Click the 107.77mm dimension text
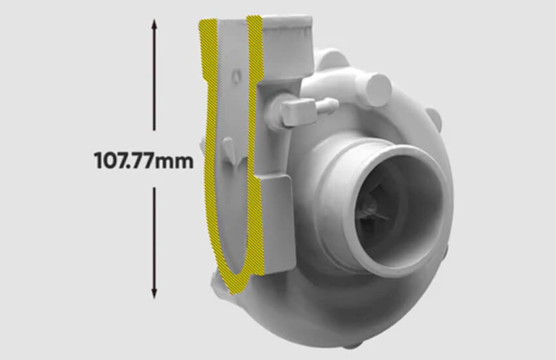pyautogui.click(x=144, y=160)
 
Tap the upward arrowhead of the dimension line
pyautogui.click(x=154, y=25)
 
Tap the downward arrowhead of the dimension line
pyautogui.click(x=154, y=293)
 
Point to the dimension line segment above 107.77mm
pyautogui.click(x=154, y=75)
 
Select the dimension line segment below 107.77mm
pyautogui.click(x=154, y=243)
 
